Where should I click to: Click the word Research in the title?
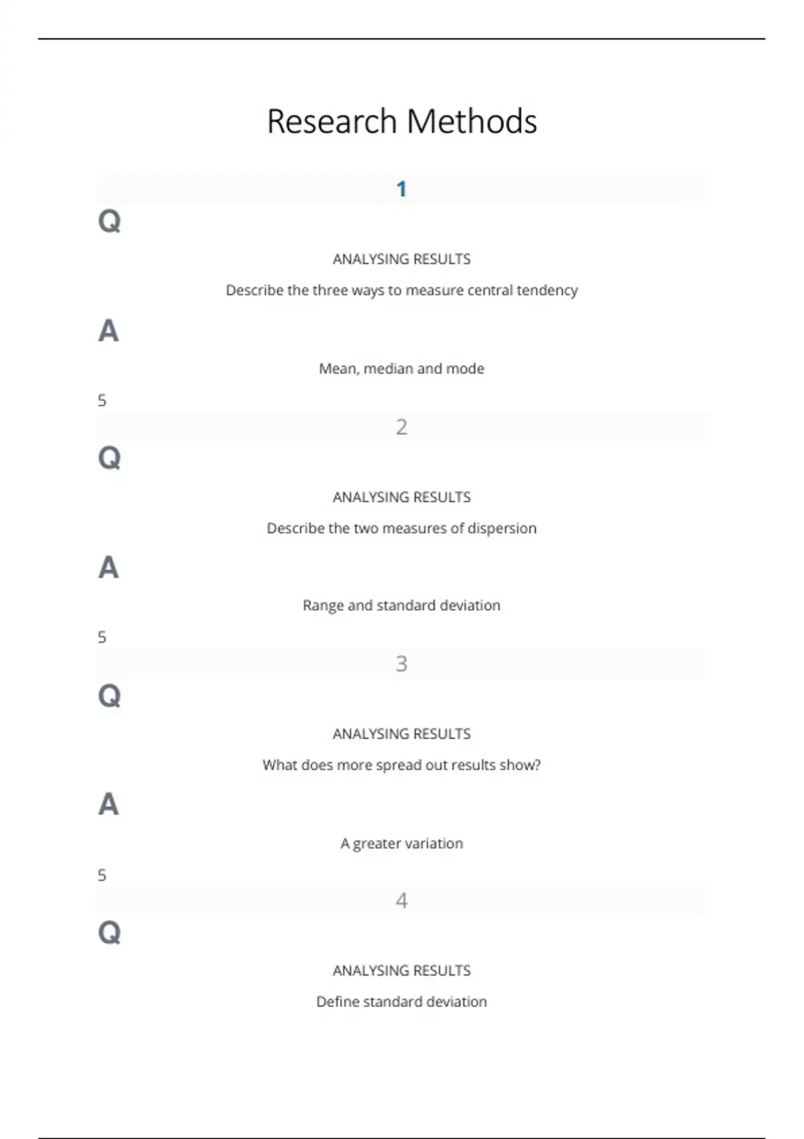coord(332,122)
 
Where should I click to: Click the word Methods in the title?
coord(472,122)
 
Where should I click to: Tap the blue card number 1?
coord(401,190)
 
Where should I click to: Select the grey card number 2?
coord(401,427)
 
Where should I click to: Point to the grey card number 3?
coord(401,663)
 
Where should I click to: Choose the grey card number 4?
coord(401,900)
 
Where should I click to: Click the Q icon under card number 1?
coord(109,220)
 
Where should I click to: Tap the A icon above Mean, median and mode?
coord(109,331)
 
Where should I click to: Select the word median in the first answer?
coord(388,368)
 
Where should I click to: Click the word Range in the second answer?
coord(323,606)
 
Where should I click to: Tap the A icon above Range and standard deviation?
coord(109,567)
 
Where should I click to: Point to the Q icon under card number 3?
coord(109,695)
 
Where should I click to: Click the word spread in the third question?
coord(399,765)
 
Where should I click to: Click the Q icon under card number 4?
coord(109,932)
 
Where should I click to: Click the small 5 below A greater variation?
coord(102,875)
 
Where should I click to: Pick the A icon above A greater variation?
coord(109,804)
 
